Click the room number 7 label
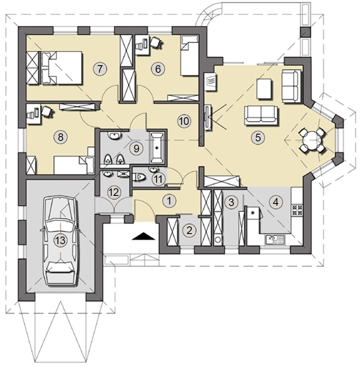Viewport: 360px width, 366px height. (x=100, y=69)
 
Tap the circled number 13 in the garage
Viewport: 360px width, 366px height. (x=61, y=240)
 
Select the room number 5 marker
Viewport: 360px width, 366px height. (x=258, y=137)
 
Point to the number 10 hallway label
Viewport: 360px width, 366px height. (x=184, y=121)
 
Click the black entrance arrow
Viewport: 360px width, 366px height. (x=144, y=236)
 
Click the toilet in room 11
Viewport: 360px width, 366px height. (x=139, y=178)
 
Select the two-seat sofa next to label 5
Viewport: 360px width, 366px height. (x=261, y=116)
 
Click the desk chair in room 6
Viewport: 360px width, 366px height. (x=155, y=42)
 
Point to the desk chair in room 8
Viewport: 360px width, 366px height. (x=48, y=110)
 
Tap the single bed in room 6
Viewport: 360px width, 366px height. (x=190, y=55)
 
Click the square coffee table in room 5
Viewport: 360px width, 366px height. (x=264, y=89)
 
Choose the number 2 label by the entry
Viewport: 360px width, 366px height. (x=189, y=231)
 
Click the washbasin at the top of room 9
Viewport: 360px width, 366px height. (x=114, y=135)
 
